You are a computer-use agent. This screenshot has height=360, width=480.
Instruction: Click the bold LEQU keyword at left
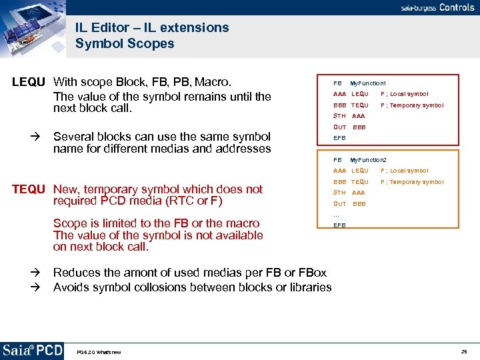29,83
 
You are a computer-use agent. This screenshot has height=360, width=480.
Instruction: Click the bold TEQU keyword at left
30,189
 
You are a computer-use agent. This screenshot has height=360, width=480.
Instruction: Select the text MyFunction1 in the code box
368,83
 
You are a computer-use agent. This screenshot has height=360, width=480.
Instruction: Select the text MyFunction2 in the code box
368,160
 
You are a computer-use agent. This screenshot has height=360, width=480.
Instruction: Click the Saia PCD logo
33,350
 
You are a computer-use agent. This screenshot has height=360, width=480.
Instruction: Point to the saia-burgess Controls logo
437,7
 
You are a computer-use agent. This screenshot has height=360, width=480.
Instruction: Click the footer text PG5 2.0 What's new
99,352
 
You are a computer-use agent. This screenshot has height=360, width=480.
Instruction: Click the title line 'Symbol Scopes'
125,44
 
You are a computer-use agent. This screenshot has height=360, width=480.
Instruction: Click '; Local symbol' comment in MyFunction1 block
405,94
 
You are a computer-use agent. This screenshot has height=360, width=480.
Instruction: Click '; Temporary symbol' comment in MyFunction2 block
411,182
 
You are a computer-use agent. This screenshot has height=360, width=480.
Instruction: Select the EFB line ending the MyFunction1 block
339,138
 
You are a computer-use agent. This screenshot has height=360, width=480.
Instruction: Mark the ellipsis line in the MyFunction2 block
337,215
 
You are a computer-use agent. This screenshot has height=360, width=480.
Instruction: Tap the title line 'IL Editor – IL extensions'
152,28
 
